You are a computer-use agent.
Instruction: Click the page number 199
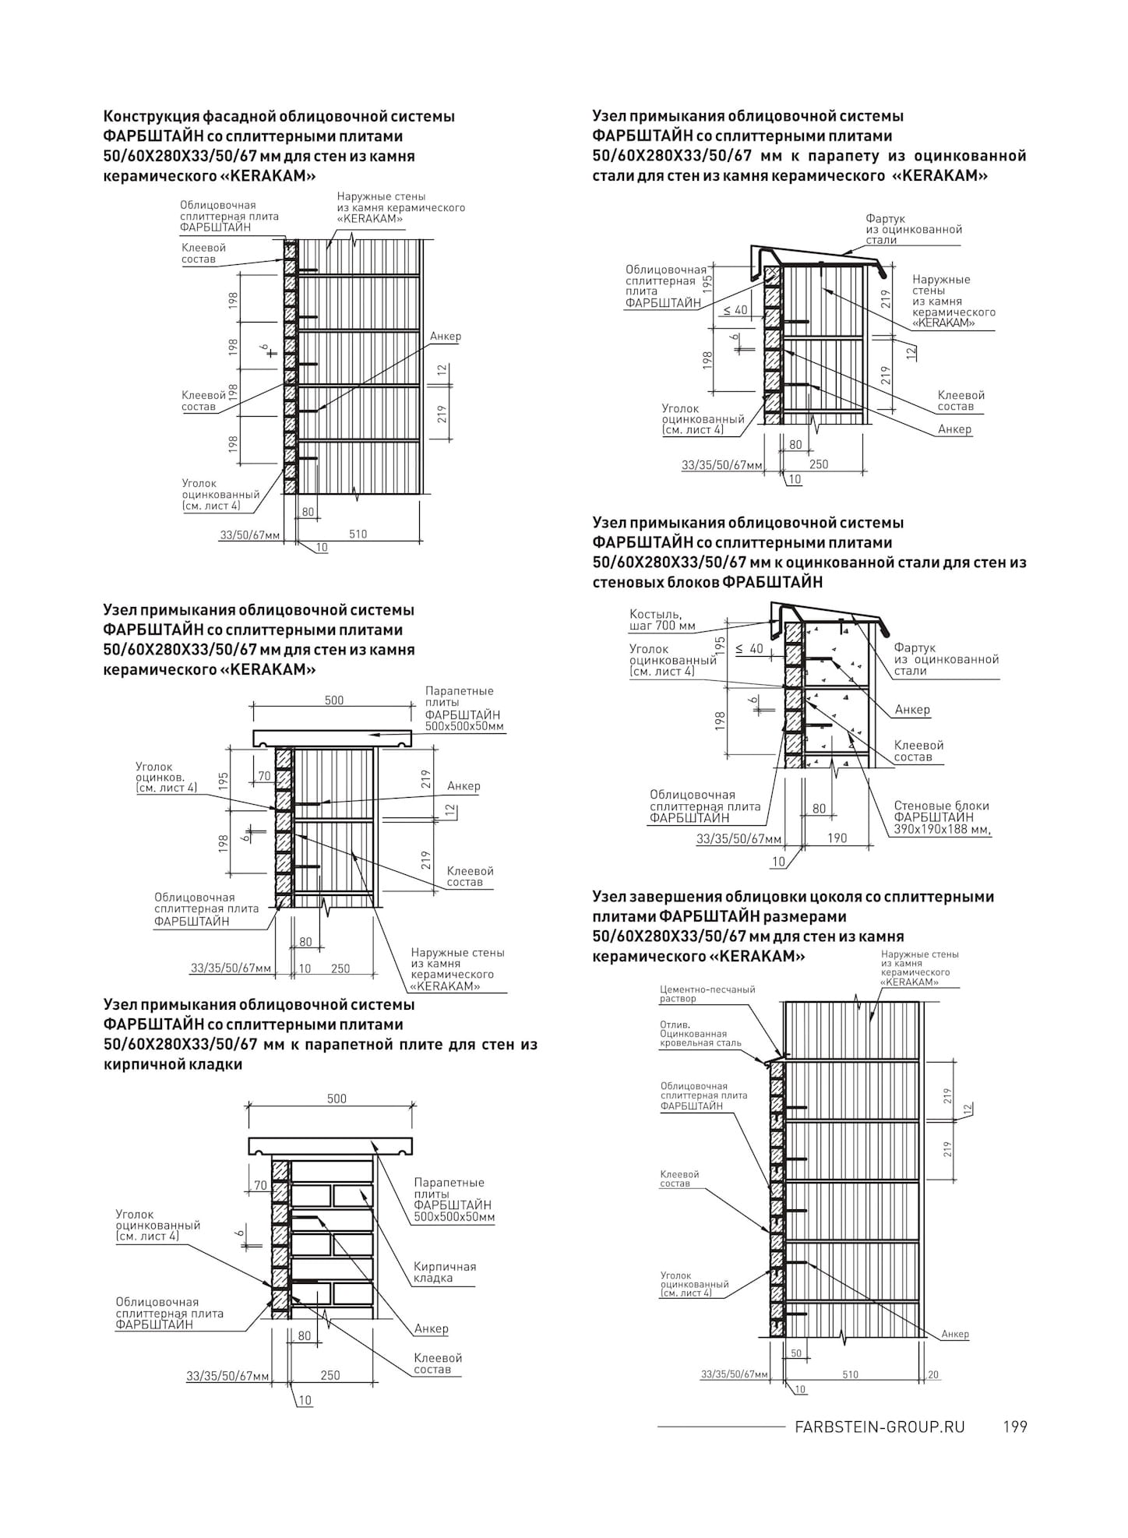(1015, 1427)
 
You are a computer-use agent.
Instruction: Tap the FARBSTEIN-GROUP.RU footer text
(879, 1427)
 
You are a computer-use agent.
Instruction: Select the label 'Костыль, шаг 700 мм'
(662, 620)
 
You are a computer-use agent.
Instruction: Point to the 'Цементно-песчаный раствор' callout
(707, 993)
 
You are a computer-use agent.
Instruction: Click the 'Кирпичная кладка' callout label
(445, 1272)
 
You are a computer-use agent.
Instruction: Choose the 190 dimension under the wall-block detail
(837, 838)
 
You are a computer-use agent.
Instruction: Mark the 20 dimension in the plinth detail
(932, 1374)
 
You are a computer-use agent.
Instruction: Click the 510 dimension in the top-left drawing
(358, 534)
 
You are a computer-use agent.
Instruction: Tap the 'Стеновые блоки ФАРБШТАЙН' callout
(941, 817)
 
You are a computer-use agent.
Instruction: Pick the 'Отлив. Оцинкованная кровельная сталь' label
(700, 1033)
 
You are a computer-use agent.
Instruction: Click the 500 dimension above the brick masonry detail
(337, 1099)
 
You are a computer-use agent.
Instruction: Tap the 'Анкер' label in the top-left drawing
(445, 337)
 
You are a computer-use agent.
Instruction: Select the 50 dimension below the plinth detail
(796, 1353)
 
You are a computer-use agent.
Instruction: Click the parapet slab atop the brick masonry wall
(331, 1146)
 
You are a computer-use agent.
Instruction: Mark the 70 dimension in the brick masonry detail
(260, 1186)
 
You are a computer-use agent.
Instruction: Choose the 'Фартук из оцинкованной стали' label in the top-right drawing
(913, 229)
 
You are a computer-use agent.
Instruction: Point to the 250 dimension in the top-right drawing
(819, 464)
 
